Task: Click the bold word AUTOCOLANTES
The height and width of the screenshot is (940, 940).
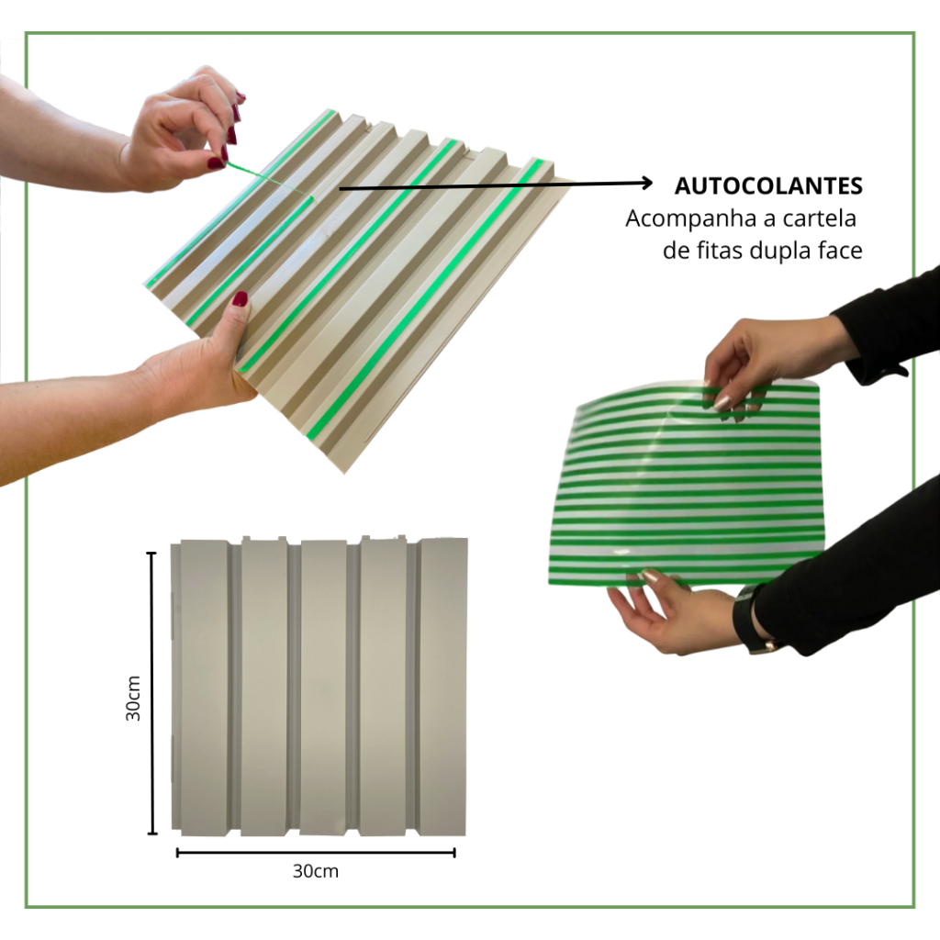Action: (768, 185)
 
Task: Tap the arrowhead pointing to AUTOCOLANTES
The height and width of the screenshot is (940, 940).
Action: (647, 183)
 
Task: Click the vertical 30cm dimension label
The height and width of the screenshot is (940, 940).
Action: (133, 698)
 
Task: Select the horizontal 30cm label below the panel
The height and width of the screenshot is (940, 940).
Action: (316, 870)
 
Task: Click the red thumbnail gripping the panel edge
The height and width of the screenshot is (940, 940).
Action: (241, 298)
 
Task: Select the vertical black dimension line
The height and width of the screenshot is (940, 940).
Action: (152, 693)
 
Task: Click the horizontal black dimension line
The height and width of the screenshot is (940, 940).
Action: (316, 853)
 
